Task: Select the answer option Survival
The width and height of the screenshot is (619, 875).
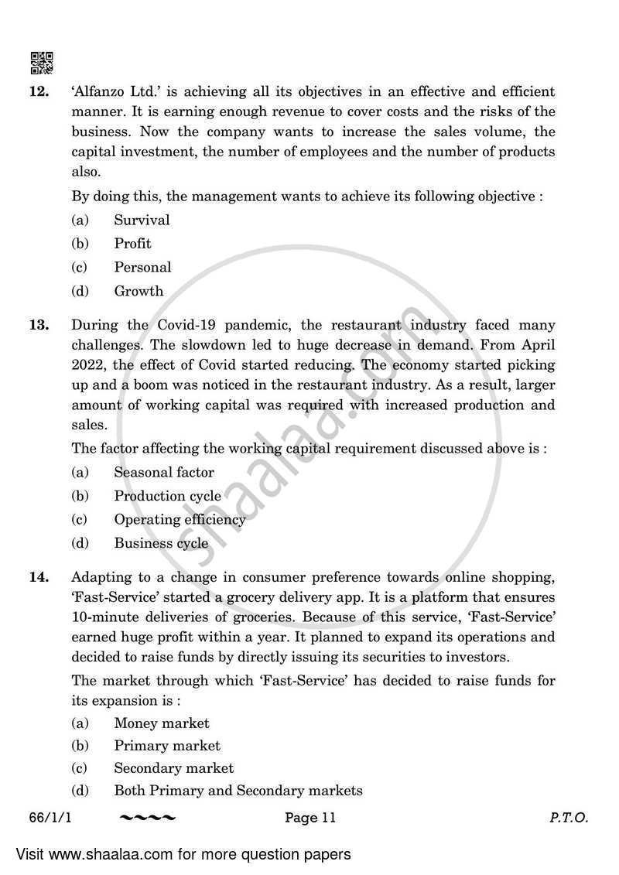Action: [142, 220]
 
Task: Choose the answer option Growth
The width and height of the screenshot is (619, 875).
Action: [139, 292]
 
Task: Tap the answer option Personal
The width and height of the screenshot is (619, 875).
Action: [142, 268]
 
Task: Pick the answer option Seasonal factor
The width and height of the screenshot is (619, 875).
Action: [164, 473]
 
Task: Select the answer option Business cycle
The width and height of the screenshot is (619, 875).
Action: [161, 544]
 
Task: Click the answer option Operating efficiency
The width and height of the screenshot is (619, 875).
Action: [180, 520]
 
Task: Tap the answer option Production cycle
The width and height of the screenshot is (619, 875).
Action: [167, 497]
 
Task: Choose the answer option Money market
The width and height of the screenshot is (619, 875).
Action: [162, 723]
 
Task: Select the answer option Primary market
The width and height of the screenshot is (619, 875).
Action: [167, 746]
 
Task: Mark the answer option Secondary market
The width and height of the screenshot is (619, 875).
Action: [173, 768]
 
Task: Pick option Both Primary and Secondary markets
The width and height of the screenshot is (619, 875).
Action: [238, 791]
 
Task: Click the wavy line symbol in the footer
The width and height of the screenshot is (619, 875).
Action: [149, 817]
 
